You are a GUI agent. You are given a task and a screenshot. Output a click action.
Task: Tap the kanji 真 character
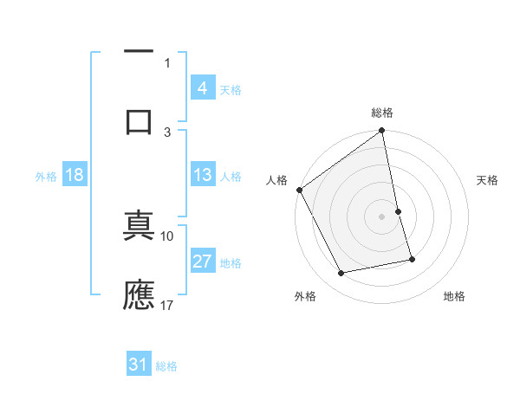click(139, 226)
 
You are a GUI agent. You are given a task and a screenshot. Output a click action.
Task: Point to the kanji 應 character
click(139, 294)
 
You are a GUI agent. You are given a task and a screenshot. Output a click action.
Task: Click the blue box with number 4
click(202, 88)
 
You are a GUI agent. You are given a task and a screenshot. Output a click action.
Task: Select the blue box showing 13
click(202, 175)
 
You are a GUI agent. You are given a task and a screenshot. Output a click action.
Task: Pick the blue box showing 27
click(202, 262)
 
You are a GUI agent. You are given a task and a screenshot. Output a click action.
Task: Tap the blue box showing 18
click(74, 175)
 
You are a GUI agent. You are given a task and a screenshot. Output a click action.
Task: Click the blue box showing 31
click(139, 365)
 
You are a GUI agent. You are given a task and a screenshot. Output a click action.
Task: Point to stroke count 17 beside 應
click(168, 305)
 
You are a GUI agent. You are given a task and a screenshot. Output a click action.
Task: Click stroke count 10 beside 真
click(168, 236)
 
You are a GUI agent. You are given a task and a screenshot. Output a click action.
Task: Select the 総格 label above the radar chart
click(382, 113)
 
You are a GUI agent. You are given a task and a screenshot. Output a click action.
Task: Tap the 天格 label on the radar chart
click(488, 180)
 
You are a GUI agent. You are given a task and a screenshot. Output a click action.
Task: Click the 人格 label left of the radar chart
click(276, 180)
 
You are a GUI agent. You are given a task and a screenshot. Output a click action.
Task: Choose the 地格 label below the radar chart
click(454, 296)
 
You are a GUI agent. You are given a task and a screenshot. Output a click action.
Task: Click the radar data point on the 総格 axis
click(382, 132)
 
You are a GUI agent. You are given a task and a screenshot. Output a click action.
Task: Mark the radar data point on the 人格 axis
click(300, 190)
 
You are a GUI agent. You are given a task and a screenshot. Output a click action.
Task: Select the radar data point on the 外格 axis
click(341, 274)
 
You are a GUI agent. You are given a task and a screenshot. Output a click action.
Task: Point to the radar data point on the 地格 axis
click(412, 259)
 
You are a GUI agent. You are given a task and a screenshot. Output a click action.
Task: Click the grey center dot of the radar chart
click(382, 216)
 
